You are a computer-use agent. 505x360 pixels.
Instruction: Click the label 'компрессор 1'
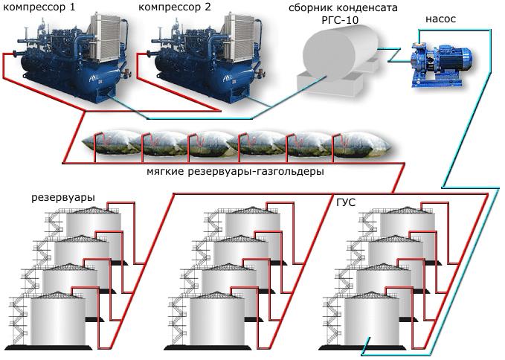click(x=39, y=7)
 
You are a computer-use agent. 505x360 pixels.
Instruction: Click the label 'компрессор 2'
click(x=175, y=7)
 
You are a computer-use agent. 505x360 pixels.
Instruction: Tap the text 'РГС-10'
click(x=340, y=20)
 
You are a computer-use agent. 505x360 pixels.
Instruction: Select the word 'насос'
click(x=440, y=19)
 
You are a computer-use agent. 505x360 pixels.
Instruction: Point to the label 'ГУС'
click(x=346, y=203)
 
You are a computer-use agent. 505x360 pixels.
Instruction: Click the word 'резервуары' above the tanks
click(x=63, y=197)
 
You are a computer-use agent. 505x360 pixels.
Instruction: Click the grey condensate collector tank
click(x=340, y=57)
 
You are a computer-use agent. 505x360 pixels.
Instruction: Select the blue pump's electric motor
click(x=454, y=58)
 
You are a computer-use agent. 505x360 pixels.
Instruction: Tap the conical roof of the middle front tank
click(x=217, y=295)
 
